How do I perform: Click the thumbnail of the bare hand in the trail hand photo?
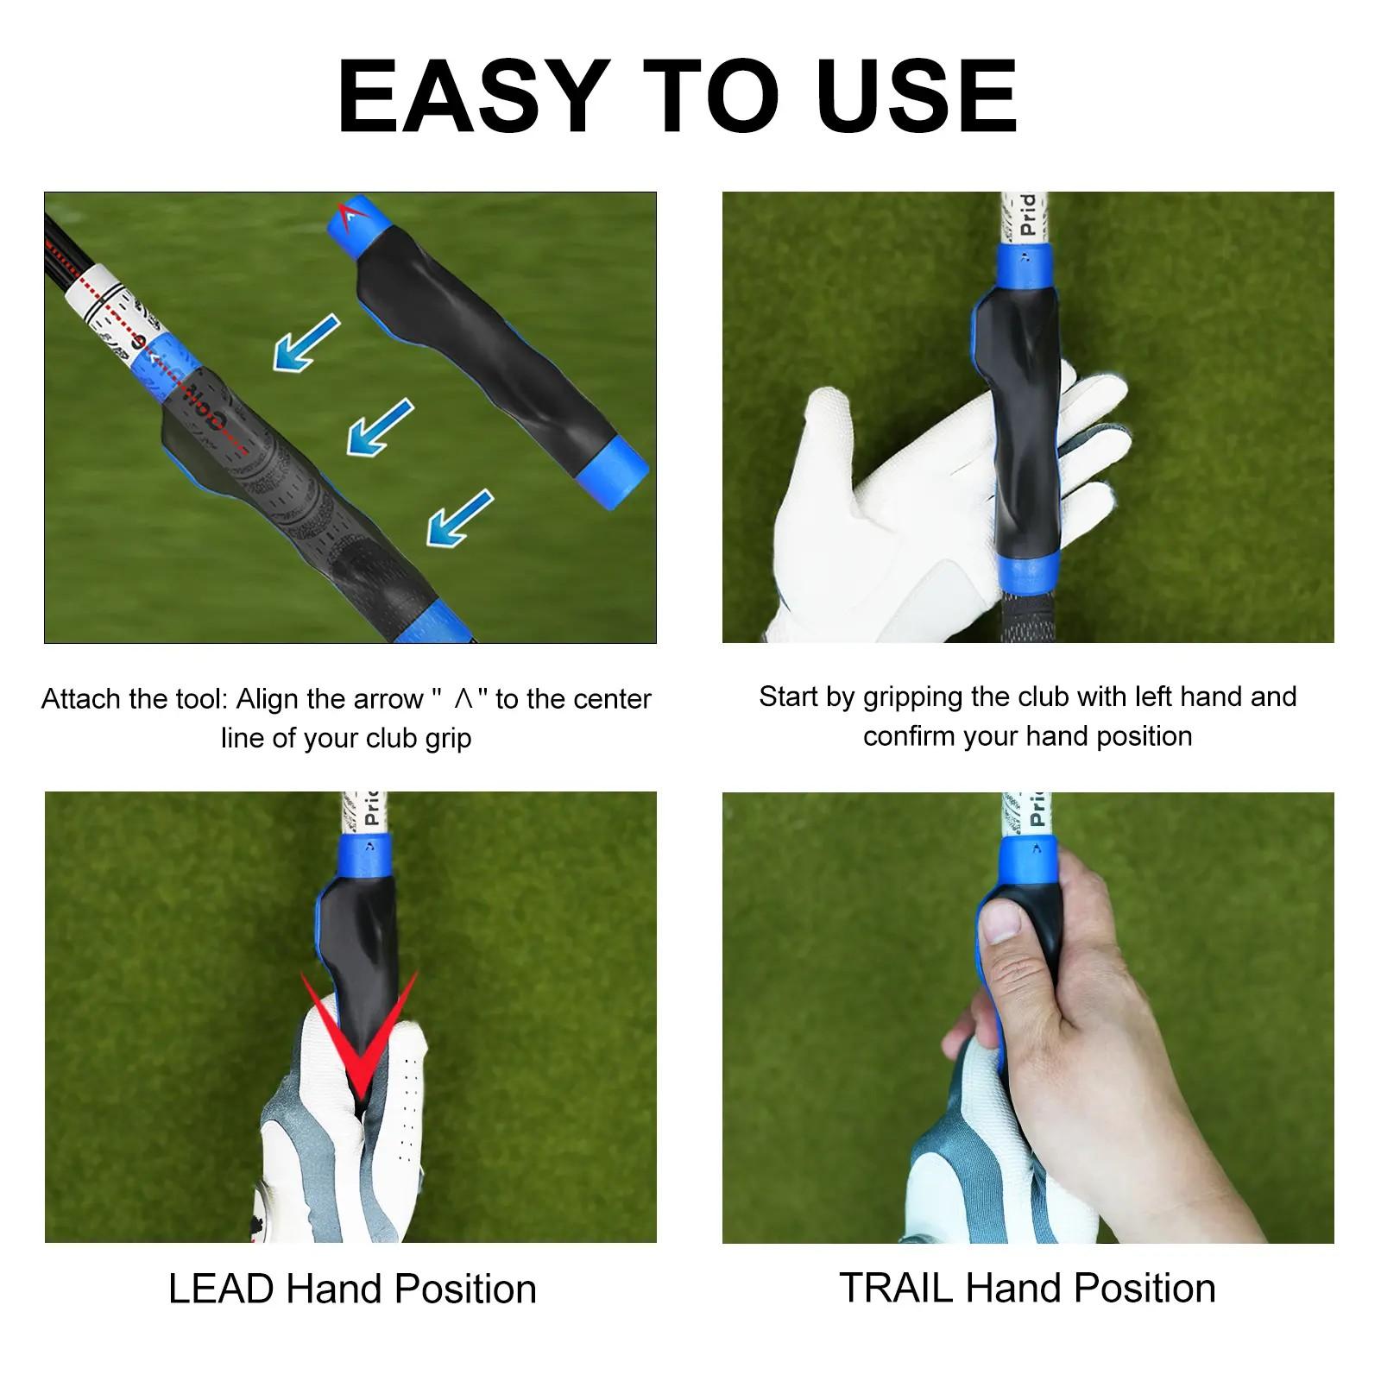1001,923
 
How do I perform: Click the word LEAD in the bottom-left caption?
221,1290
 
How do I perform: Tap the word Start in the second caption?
789,697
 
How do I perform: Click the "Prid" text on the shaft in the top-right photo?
1028,214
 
